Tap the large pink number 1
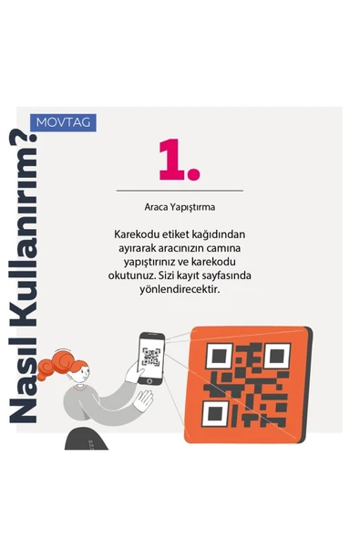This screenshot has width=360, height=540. tap(179, 161)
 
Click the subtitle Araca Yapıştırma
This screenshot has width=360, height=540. tap(180, 206)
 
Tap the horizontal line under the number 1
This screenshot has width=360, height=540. tap(180, 191)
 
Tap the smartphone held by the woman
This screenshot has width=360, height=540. tap(150, 357)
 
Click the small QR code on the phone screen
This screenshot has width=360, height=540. tap(151, 356)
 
